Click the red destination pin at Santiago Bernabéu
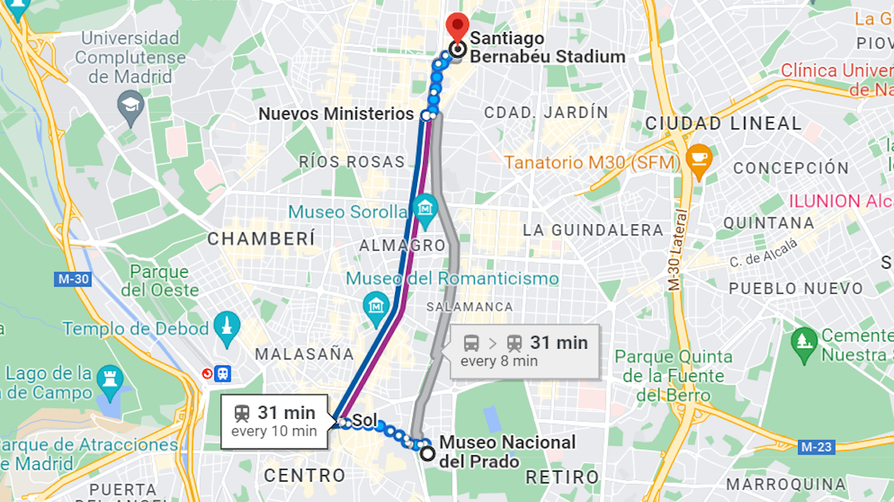458,26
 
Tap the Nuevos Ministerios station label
337,114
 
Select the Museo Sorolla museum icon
424,208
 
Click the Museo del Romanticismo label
452,278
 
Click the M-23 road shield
816,446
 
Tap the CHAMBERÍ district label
261,239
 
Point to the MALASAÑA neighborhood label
304,354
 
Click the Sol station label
364,421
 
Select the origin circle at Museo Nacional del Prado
427,453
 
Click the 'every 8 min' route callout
525,351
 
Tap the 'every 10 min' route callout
274,422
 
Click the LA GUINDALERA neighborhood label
593,230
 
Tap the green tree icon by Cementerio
803,341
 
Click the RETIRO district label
562,477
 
